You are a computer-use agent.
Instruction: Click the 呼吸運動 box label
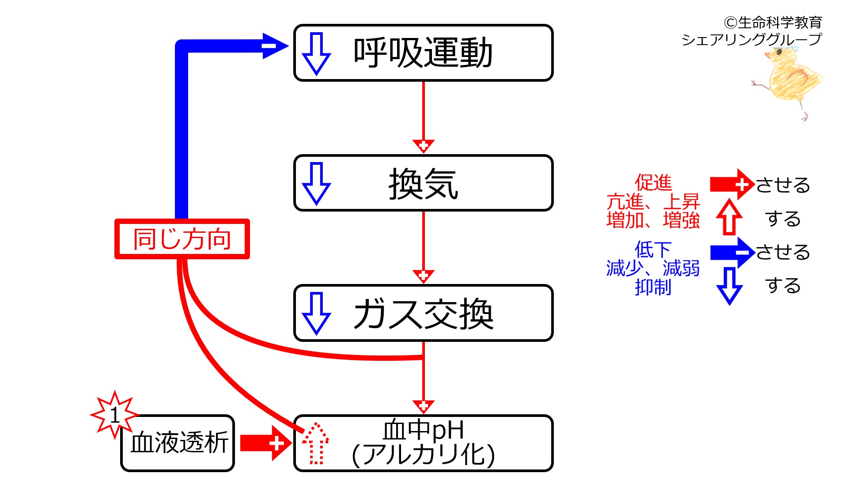coord(423,53)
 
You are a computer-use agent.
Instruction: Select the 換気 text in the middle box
coord(423,183)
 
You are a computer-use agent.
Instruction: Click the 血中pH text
coord(423,430)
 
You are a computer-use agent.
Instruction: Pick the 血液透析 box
coord(178,443)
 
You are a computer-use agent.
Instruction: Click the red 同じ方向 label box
coord(182,239)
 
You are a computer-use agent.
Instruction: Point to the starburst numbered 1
coord(114,415)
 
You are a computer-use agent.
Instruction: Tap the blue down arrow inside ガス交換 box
coord(316,314)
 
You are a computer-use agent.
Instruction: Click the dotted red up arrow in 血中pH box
coord(315,443)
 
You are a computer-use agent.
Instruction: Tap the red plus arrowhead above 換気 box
coord(423,146)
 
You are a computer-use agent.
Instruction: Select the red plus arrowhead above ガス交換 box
coord(423,276)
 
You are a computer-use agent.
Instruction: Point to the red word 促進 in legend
coord(653,182)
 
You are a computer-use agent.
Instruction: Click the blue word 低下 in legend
coord(653,250)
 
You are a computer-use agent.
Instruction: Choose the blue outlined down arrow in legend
coord(729,286)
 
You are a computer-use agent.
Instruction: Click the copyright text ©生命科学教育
coord(772,22)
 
